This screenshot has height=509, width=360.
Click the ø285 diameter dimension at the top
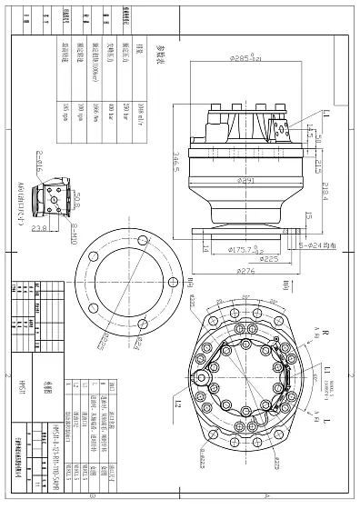click(x=243, y=59)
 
